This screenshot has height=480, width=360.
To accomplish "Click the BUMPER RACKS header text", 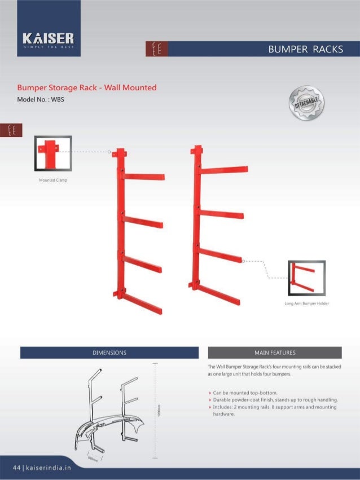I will (306, 49).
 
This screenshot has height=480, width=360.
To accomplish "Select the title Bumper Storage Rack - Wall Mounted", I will (86, 88).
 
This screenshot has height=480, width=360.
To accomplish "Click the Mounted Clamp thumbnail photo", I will (52, 152).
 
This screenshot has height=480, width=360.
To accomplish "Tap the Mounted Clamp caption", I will (52, 180).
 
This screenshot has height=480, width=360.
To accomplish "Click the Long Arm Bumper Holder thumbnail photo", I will (306, 278).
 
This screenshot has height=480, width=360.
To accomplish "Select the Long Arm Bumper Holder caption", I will (307, 303).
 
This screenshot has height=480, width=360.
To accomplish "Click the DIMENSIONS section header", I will (109, 353).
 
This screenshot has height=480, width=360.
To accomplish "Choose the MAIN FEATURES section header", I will (275, 353).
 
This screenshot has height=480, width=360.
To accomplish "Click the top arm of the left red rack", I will (143, 177).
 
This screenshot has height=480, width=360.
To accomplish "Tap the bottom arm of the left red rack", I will (142, 303).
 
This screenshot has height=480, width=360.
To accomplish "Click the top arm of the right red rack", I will (224, 170).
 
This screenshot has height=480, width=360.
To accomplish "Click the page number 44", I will (16, 468).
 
